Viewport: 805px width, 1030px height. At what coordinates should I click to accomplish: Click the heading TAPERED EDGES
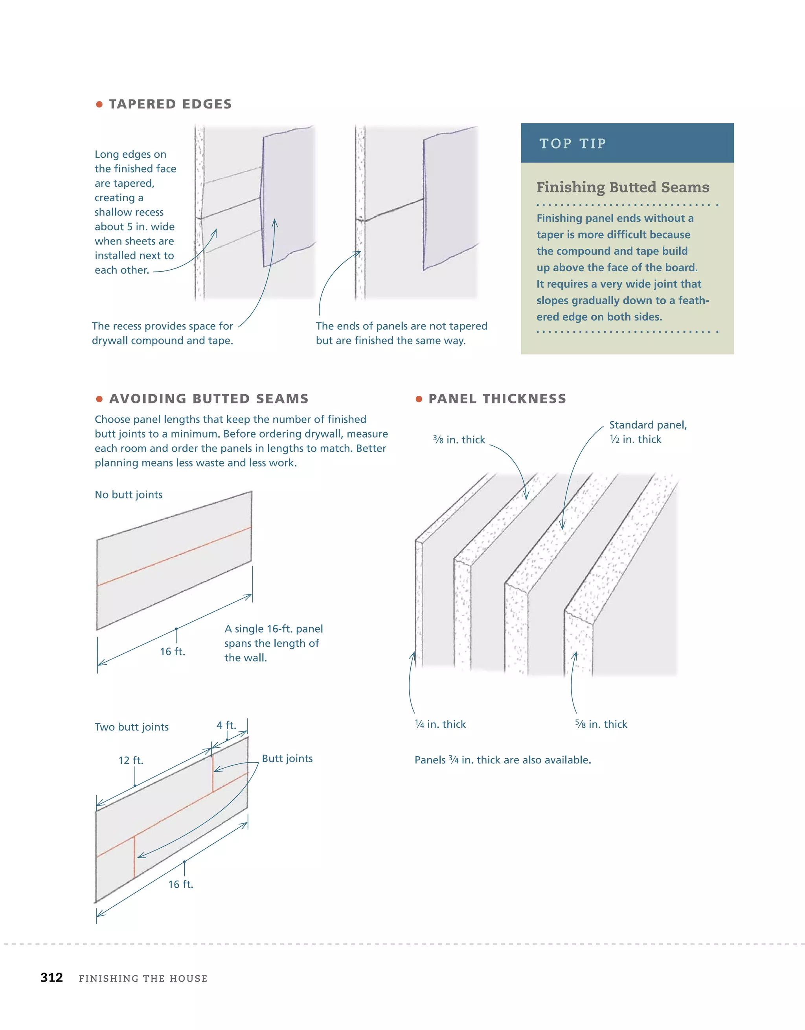170,104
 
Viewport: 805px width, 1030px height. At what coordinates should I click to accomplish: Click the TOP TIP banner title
573,143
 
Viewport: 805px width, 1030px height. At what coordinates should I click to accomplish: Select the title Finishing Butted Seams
623,187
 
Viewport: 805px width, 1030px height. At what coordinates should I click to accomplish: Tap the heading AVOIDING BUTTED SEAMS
208,399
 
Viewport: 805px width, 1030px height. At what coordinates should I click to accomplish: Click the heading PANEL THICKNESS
497,399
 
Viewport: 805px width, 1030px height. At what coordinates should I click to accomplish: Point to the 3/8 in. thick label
459,440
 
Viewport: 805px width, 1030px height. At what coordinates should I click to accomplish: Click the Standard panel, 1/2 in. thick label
647,432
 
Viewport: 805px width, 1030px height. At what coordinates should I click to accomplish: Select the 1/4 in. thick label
440,725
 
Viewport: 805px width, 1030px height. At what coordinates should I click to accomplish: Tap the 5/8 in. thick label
601,725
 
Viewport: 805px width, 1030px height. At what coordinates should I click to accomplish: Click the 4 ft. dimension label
226,725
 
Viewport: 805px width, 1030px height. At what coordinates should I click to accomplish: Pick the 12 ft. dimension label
130,760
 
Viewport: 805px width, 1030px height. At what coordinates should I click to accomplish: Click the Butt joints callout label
287,758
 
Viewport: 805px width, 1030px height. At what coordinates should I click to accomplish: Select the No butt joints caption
128,495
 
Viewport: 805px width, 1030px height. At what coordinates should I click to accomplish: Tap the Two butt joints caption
132,727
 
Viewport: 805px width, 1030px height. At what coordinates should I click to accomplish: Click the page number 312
51,978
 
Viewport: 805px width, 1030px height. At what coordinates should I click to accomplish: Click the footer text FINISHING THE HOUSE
143,978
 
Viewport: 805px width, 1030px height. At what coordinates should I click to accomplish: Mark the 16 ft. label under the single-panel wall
173,652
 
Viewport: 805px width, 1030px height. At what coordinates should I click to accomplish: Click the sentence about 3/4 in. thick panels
502,760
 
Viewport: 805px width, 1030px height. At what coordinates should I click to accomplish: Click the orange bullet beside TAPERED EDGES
99,104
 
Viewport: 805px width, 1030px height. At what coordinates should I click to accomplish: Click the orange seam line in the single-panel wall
175,557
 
